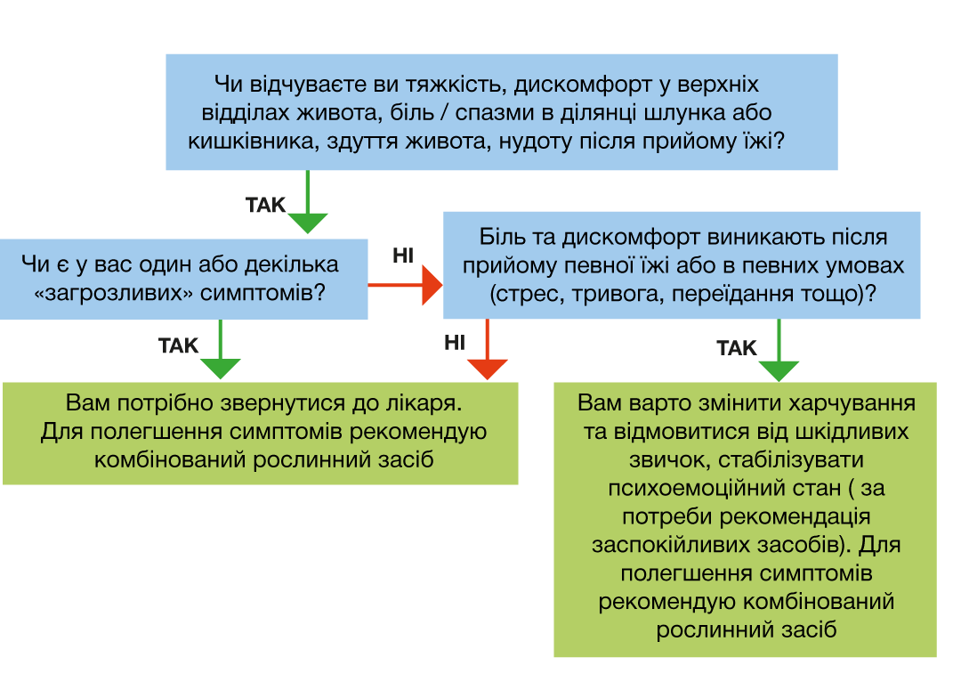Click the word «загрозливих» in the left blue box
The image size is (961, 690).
113,293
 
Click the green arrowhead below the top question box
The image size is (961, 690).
308,223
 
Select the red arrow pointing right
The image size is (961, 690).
405,285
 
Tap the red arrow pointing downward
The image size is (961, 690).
488,350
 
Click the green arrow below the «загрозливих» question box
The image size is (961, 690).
220,350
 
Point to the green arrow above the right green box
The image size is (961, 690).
779,350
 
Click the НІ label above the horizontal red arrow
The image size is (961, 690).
403,256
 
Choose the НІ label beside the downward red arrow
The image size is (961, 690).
455,342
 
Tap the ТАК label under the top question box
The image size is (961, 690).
265,204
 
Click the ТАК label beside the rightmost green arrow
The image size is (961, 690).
737,348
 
